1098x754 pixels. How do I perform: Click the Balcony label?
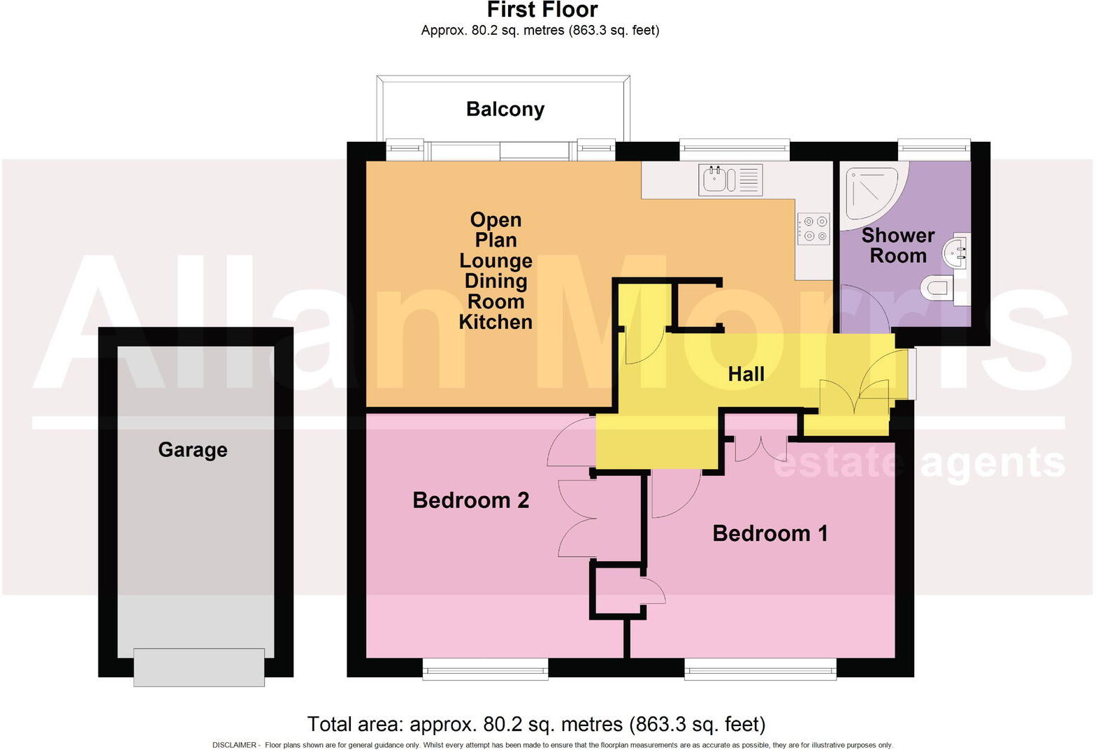click(x=505, y=109)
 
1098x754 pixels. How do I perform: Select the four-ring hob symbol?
click(x=814, y=228)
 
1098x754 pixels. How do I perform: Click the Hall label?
click(x=746, y=374)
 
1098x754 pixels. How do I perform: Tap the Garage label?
click(x=192, y=449)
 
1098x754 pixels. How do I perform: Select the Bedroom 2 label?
click(x=470, y=500)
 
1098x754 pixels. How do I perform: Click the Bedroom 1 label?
click(x=770, y=533)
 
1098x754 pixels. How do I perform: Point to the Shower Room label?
click(x=897, y=245)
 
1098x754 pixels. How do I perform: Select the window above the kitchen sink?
click(x=734, y=148)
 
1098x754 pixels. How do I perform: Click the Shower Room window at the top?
click(x=934, y=148)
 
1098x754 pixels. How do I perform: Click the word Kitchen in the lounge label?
click(x=496, y=322)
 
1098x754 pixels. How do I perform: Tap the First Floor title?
click(x=542, y=10)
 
